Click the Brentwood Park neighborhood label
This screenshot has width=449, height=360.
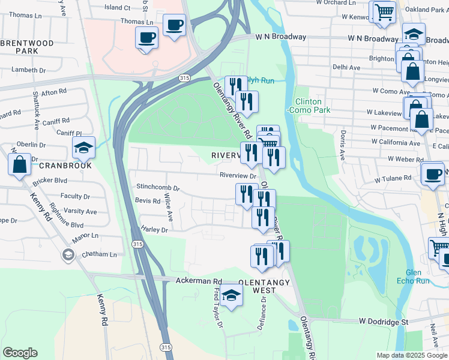(x=35, y=47)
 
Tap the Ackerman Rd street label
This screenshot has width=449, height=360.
(x=199, y=281)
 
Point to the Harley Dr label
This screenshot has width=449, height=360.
(x=154, y=229)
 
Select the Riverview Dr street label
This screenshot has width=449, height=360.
(x=238, y=176)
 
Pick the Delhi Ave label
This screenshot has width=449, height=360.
(x=346, y=68)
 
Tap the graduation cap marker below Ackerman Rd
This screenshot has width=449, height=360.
(x=231, y=295)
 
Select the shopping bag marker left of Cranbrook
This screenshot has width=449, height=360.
(x=19, y=164)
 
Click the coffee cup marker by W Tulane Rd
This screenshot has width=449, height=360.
(x=432, y=173)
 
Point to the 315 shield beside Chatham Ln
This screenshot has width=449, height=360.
(x=138, y=244)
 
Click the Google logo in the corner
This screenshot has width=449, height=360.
(x=20, y=353)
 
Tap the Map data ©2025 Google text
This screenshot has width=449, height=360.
(x=412, y=355)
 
